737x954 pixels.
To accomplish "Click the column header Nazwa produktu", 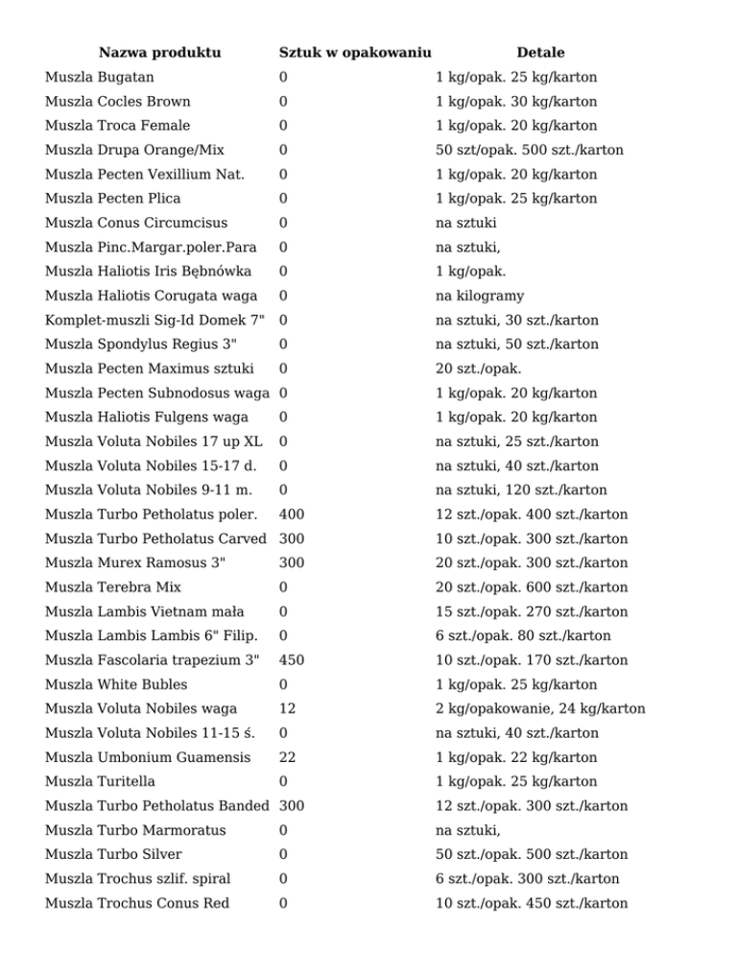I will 159,52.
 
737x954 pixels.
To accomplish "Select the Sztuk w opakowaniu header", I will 354,52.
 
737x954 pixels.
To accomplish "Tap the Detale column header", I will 540,52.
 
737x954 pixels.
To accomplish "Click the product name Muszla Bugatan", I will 100,77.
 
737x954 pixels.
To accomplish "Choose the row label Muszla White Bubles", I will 116,684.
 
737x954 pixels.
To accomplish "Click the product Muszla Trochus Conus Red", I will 140,903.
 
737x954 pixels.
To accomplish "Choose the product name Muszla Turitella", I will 100,781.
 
